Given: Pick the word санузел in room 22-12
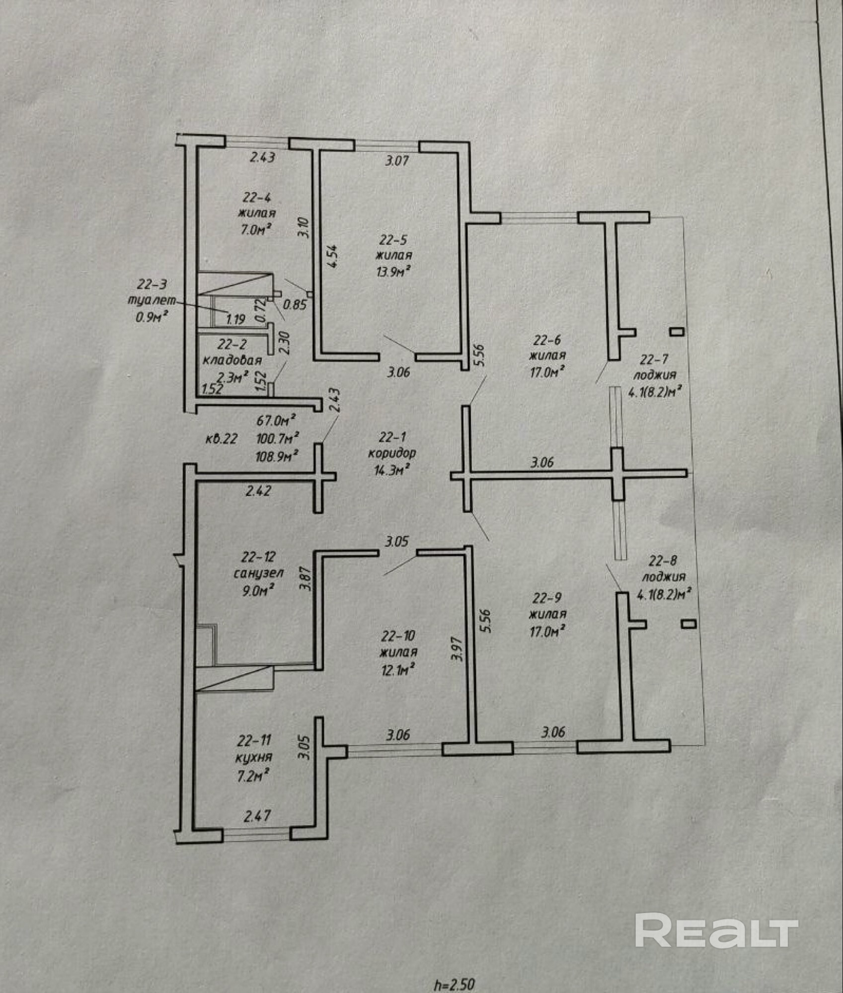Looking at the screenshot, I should [x=258, y=573].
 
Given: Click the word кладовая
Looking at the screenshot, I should [x=232, y=360].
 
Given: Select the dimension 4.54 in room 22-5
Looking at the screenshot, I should [x=332, y=256].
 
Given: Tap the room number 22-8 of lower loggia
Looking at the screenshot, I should [x=663, y=561].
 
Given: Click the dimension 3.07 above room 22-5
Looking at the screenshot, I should [x=397, y=160].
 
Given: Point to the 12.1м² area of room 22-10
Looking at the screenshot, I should [x=397, y=670].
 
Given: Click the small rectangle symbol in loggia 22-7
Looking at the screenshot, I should [x=677, y=332].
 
